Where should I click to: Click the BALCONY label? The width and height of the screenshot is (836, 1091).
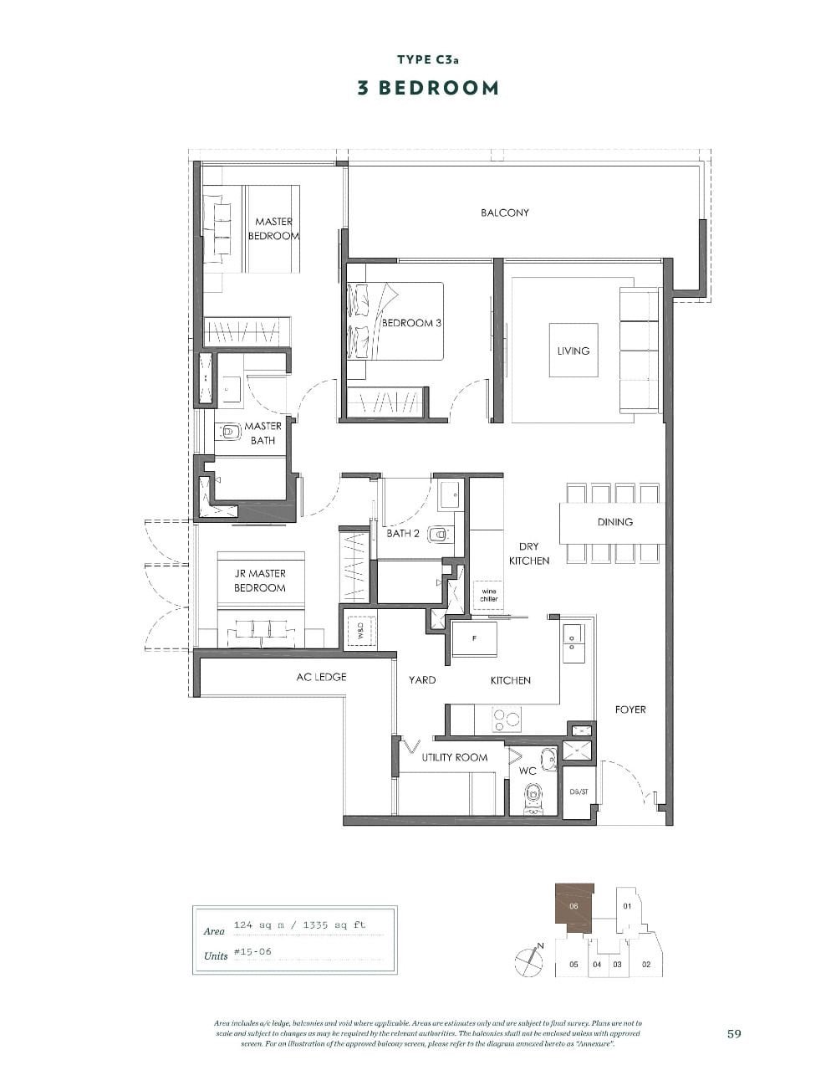[504, 213]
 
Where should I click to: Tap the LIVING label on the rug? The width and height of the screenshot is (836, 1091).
[573, 351]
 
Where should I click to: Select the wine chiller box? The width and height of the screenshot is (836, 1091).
[488, 595]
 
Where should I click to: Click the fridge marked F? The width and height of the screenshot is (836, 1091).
[474, 638]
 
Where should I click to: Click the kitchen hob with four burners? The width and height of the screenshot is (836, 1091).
[505, 719]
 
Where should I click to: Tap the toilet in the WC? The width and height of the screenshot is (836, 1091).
[533, 800]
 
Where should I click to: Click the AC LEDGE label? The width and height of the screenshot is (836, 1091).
[321, 677]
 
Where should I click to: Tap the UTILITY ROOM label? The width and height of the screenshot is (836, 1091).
[454, 757]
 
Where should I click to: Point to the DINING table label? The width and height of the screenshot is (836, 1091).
[614, 521]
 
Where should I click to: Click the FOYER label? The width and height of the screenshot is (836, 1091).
[630, 709]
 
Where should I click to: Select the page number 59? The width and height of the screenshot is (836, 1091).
[734, 1033]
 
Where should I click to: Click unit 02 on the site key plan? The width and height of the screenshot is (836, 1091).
[645, 964]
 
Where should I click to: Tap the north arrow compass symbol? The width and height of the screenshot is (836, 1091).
[529, 959]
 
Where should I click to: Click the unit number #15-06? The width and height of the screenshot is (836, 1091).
[252, 952]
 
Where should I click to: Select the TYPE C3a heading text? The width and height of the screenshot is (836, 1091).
[427, 59]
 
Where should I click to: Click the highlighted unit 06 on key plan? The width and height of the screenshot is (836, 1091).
[573, 907]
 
